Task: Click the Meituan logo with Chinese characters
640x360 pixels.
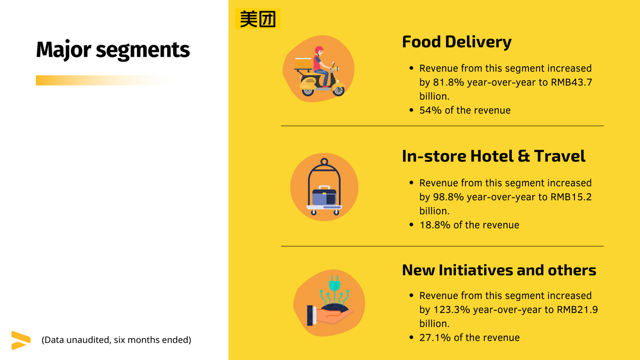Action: (x=258, y=19)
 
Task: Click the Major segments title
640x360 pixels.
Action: (x=113, y=50)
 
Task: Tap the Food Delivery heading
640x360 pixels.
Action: (x=457, y=42)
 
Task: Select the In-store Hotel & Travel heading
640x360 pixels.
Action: (x=493, y=156)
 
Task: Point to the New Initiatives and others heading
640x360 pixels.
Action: (x=499, y=270)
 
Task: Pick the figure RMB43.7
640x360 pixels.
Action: (x=571, y=82)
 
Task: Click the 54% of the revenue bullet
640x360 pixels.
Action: (x=465, y=110)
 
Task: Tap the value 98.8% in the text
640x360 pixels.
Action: (x=448, y=197)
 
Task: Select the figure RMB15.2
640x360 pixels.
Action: (x=571, y=197)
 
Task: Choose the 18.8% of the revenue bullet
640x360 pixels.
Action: (x=469, y=225)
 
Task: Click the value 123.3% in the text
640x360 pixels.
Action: (x=451, y=309)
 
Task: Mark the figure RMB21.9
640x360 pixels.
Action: (x=578, y=309)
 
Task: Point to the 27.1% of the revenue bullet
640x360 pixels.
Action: (x=469, y=338)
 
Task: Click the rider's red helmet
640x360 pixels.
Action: (x=319, y=50)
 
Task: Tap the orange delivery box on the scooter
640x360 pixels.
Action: (x=303, y=63)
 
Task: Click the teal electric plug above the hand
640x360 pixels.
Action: (x=334, y=284)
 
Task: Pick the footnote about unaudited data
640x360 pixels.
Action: (x=116, y=340)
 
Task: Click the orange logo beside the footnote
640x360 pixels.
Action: (x=21, y=340)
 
